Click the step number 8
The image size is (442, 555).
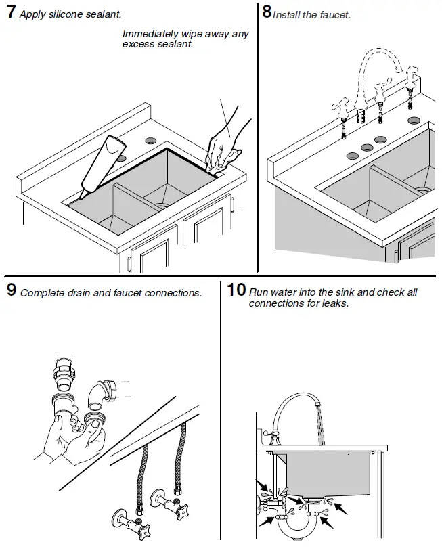click(x=267, y=12)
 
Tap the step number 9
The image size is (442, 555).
click(x=12, y=291)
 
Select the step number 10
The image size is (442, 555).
click(x=236, y=291)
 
